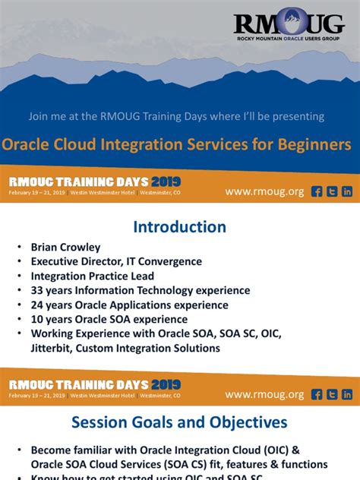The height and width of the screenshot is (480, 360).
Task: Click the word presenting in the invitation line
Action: click(297, 116)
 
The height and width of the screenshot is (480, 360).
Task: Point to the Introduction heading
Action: click(180, 227)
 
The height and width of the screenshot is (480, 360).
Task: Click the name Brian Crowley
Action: click(65, 247)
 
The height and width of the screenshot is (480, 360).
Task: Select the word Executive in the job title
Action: click(57, 261)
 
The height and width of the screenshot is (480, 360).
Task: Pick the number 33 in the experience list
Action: click(37, 290)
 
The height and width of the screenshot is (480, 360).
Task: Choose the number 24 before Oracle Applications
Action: click(37, 305)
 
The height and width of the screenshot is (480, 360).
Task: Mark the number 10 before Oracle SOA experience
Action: click(37, 319)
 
